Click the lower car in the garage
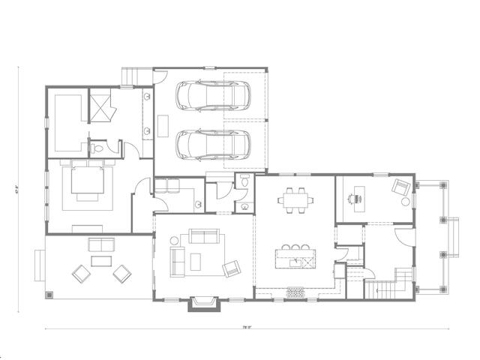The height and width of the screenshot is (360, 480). [211, 143]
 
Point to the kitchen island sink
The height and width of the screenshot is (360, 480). [306, 262]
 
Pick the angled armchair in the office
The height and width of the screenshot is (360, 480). [401, 188]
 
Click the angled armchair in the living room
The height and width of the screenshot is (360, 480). [231, 267]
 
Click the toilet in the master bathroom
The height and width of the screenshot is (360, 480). [98, 149]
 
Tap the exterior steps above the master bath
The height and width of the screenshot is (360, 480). [133, 76]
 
